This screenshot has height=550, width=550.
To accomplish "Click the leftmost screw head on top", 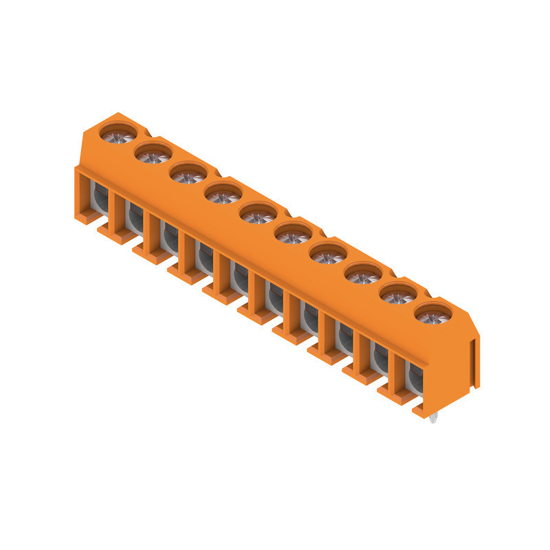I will coord(116,133).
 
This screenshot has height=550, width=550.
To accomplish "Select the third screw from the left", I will coord(188,175).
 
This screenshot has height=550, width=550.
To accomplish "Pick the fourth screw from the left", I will coord(223,196).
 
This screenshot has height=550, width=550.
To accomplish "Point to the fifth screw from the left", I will coord(258,216).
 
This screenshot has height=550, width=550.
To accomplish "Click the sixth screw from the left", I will coord(293,236).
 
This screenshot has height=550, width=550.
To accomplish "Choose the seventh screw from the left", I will coord(328,256).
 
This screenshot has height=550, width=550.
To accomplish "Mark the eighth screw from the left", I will coord(363,276).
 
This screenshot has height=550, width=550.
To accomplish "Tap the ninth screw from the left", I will coord(398,296).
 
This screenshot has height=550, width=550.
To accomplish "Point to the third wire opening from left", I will coord(168,237).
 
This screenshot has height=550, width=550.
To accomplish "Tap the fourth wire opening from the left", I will coord(203,257).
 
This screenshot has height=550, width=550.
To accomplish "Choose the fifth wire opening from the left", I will coord(239,278).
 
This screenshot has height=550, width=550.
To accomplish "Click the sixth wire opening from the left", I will coord(274,297).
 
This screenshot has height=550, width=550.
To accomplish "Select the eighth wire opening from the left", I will coord(344,338).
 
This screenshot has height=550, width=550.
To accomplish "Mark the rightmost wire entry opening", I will coord(415,377).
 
